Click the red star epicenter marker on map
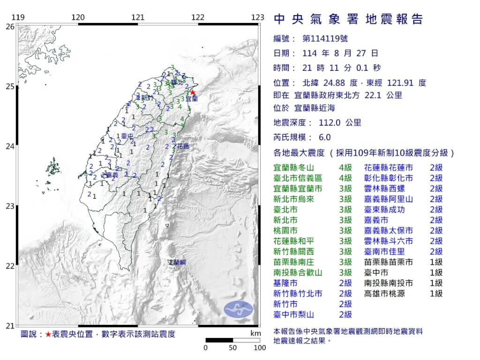point(192,92)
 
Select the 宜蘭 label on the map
point(191,99)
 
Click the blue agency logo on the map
point(238,308)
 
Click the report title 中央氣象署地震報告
point(348,19)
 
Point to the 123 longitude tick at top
point(257,17)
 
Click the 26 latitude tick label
point(10,27)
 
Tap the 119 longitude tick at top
point(18,17)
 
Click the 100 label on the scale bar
point(259,348)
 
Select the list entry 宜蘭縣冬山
point(293,167)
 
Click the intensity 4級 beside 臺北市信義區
point(345,178)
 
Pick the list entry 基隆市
point(285,283)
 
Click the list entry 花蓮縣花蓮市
point(389,167)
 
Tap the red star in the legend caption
point(48,335)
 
